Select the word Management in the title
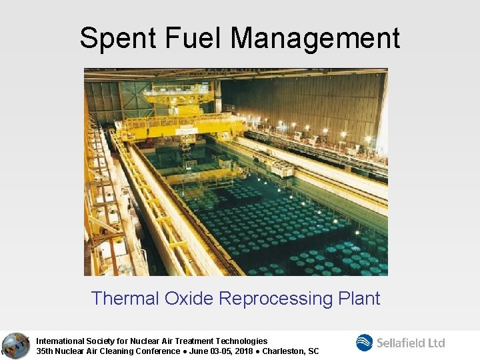coord(315,38)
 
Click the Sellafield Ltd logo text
coord(411,343)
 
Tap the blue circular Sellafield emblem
coord(365,343)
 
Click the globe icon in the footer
coord(15,345)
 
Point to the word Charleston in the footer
coord(283,351)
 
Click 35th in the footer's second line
coord(45,351)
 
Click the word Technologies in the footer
coord(243,341)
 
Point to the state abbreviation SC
coord(313,351)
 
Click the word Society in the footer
coord(101,341)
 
